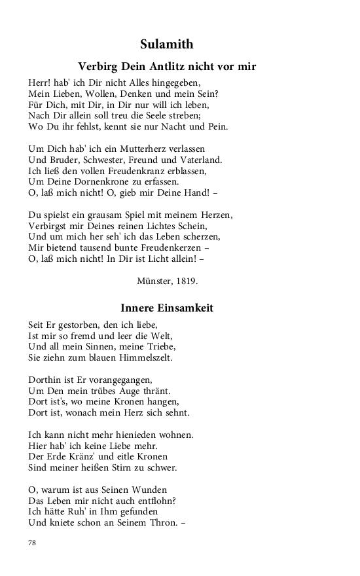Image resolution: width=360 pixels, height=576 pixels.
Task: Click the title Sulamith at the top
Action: pos(166,45)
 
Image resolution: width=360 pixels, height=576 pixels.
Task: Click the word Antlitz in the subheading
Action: pos(175,67)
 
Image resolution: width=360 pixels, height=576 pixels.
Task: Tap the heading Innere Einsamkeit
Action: pos(167,308)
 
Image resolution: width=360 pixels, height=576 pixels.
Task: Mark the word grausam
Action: pos(100,215)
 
